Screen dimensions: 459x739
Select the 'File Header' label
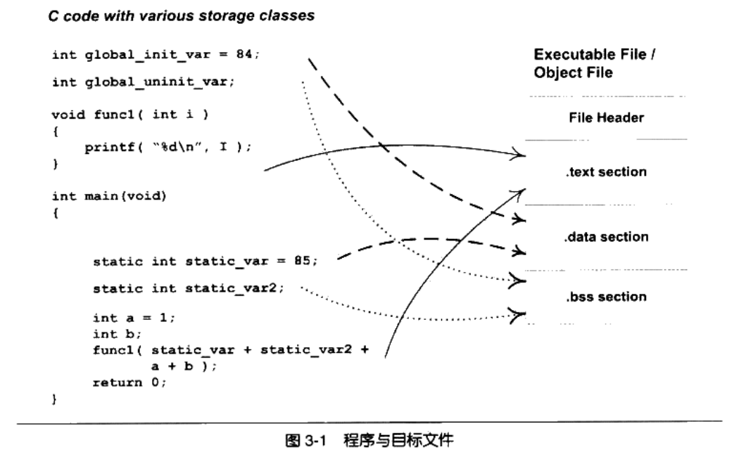point(607,119)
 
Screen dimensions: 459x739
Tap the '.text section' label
point(606,172)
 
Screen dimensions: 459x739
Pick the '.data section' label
point(606,237)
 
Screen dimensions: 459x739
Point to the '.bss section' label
point(606,297)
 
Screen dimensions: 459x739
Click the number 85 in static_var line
point(303,262)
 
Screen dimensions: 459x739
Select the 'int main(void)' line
point(109,196)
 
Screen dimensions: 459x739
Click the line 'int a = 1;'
point(133,318)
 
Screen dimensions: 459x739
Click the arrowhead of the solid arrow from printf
point(520,154)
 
